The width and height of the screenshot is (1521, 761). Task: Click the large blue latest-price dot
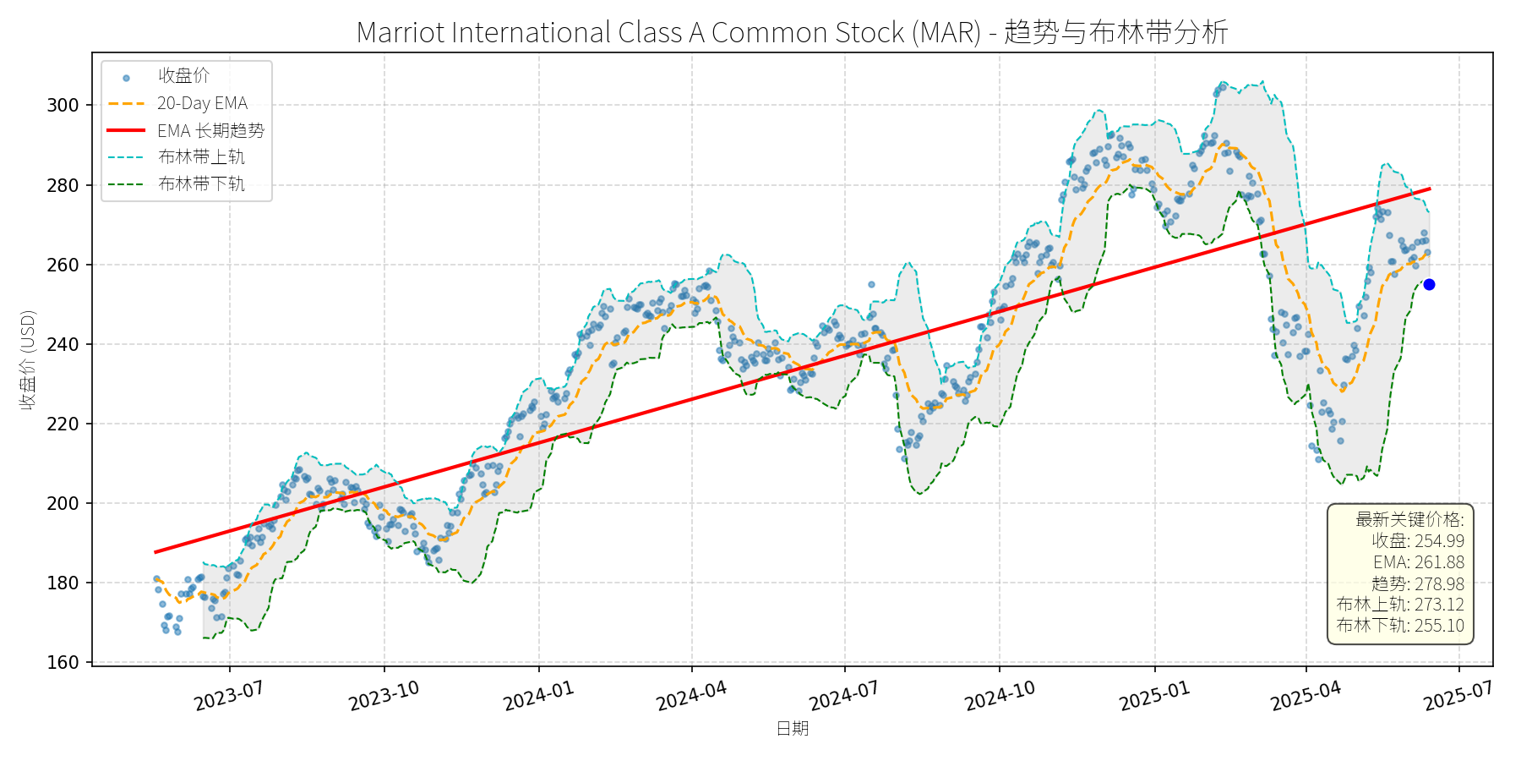coord(1429,285)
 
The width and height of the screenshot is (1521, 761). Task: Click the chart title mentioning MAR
coord(792,32)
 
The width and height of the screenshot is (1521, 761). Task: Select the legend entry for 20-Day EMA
coord(202,103)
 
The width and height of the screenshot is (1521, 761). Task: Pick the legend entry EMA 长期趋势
coord(210,130)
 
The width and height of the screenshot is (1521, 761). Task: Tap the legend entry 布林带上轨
coord(201,157)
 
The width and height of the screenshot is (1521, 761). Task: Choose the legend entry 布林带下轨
coord(201,184)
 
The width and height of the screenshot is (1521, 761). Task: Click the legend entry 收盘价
coord(183,76)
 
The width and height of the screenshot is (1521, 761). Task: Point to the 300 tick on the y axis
coord(63,106)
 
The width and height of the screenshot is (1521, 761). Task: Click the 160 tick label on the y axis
coord(63,663)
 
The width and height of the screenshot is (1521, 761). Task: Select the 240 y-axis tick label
coord(63,345)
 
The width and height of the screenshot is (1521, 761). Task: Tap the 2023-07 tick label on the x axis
coord(229,696)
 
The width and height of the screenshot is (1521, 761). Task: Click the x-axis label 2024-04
coord(691,696)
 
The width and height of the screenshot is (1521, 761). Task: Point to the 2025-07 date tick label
coord(1458,696)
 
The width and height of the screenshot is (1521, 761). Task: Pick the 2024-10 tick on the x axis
coord(1000,696)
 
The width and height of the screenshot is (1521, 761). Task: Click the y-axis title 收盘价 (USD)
coord(28,359)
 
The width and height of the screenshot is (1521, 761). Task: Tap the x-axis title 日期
coord(793,728)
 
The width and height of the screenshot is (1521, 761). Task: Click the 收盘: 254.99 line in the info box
coord(1418,541)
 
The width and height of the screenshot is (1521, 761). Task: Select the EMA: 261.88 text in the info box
coord(1419,562)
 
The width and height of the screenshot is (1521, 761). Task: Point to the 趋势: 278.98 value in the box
coord(1418,583)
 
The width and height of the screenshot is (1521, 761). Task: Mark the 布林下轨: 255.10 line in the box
coord(1400,626)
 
